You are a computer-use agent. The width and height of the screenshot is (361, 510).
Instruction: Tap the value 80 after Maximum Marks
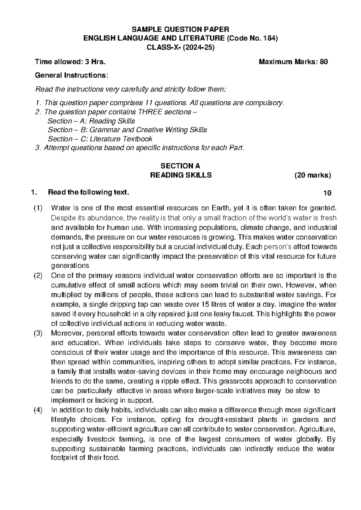pos(324,62)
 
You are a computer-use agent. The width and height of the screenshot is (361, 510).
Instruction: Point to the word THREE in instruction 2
pos(150,112)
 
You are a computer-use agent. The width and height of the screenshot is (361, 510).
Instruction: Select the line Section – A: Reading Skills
pos(91,121)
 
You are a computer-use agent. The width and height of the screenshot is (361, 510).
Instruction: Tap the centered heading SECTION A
pos(180,166)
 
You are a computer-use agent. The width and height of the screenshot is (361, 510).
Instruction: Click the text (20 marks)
pos(313,175)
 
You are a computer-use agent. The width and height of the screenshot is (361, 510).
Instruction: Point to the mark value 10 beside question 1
pos(327,193)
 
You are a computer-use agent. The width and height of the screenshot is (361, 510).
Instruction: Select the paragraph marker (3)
pos(38,333)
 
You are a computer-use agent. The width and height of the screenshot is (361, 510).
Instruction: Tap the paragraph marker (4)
pos(38,410)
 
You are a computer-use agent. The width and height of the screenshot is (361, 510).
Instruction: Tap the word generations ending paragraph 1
pos(70,266)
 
